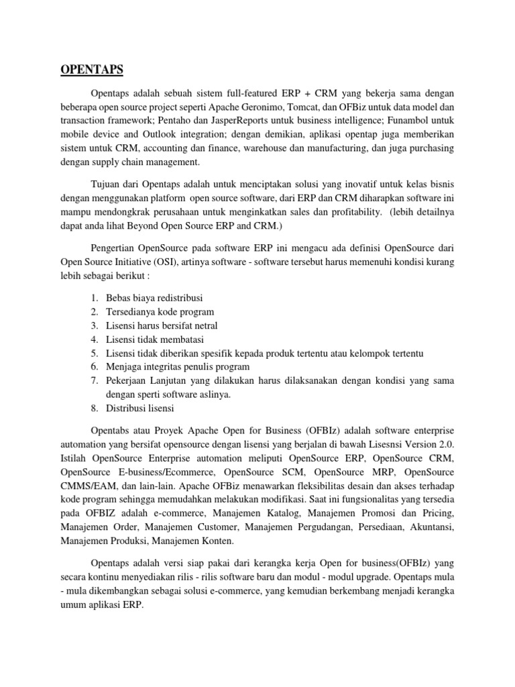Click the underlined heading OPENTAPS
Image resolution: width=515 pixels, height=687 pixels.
pyautogui.click(x=92, y=68)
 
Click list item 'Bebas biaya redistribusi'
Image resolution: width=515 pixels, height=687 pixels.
pyautogui.click(x=154, y=297)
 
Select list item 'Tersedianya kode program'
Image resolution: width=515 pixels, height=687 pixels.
pyautogui.click(x=161, y=311)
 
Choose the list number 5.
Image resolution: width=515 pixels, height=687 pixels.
pyautogui.click(x=94, y=353)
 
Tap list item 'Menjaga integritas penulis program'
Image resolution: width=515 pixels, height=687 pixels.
pyautogui.click(x=178, y=367)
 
